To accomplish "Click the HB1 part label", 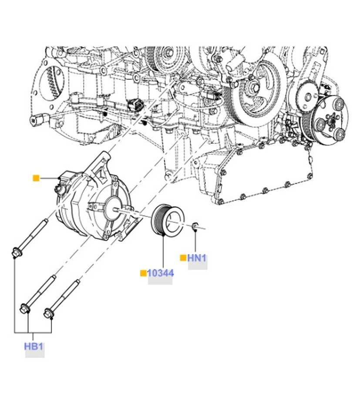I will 34,347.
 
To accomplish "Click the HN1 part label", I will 197,258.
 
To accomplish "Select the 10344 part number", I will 160,273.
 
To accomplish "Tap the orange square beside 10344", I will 143,273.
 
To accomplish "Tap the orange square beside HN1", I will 183,258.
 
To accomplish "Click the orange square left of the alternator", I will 36,178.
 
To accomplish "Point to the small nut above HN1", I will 195,225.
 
